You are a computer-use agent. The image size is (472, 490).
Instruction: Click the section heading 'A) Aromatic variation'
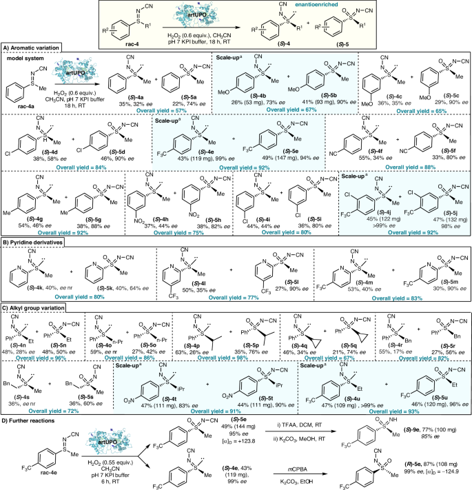tap(34, 48)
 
